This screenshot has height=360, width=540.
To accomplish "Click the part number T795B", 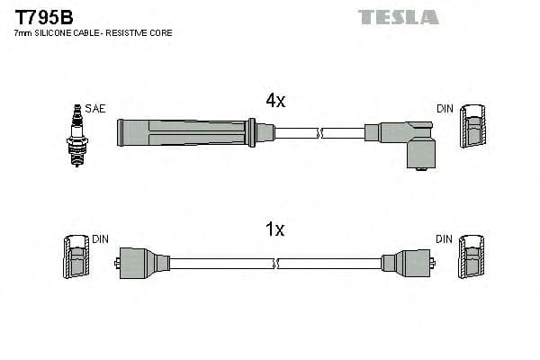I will (44, 17).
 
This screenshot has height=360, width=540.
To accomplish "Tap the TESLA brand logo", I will (398, 17).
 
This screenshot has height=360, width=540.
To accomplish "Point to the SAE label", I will (96, 109).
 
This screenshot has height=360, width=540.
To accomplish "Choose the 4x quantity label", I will (274, 102).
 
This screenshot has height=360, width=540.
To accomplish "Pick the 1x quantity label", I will (274, 229).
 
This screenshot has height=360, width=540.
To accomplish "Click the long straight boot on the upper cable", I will (184, 133).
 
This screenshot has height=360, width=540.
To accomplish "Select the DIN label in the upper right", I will (445, 109).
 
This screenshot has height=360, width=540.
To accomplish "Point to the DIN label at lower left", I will (100, 239).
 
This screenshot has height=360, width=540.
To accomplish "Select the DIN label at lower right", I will (445, 239).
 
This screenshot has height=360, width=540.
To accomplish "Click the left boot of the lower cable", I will (144, 263).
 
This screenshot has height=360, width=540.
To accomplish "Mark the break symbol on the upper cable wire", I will (319, 133).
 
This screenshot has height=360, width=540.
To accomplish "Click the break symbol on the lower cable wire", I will (277, 264).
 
